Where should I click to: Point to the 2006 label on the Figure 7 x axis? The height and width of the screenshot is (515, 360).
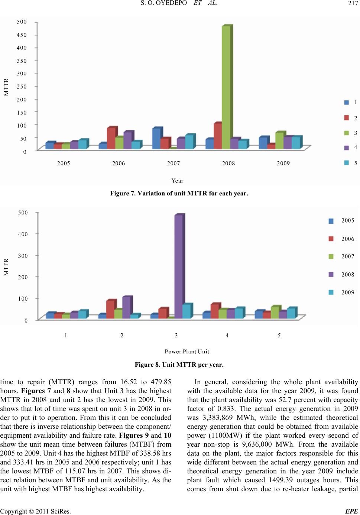[119, 163]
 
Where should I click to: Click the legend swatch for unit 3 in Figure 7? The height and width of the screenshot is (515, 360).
[346, 133]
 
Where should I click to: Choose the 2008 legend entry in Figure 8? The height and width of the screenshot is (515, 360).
[348, 275]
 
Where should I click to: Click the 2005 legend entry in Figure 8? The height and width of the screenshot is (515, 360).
[348, 220]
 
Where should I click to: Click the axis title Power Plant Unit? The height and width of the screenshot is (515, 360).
[187, 352]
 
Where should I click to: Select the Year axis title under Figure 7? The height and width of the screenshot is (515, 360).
[178, 181]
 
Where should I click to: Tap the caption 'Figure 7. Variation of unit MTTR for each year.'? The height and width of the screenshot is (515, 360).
[179, 194]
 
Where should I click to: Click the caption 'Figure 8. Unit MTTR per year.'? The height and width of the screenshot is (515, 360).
[179, 365]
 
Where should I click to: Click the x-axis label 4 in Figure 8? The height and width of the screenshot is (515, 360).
[227, 336]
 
